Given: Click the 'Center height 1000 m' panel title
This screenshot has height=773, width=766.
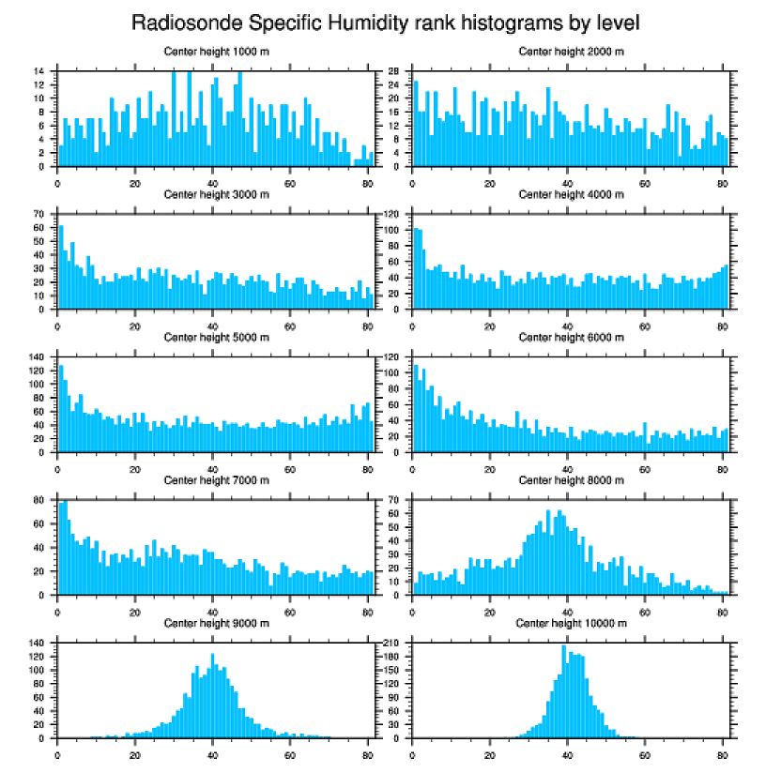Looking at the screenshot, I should click(216, 52).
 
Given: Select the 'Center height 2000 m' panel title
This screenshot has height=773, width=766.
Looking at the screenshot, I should click(571, 52).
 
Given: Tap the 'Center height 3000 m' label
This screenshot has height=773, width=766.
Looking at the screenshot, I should click(216, 194).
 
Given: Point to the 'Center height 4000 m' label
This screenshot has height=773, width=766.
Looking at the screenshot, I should click(571, 194).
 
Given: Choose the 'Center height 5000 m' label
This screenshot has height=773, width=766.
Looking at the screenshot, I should click(216, 337).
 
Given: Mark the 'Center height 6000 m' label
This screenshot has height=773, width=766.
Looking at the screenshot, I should click(571, 337).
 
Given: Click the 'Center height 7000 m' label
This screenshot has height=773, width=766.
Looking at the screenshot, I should click(216, 480).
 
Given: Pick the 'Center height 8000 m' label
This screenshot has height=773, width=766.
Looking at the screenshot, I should click(571, 480).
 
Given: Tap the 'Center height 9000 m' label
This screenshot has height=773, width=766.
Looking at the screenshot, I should click(216, 623).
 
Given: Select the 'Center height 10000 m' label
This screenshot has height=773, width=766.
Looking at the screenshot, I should click(571, 623).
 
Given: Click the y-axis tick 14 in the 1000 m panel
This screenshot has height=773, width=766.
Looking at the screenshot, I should click(40, 70).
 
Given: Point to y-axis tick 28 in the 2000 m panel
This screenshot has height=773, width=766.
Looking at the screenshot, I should click(395, 70).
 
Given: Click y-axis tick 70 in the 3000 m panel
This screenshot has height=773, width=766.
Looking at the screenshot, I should click(40, 214).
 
